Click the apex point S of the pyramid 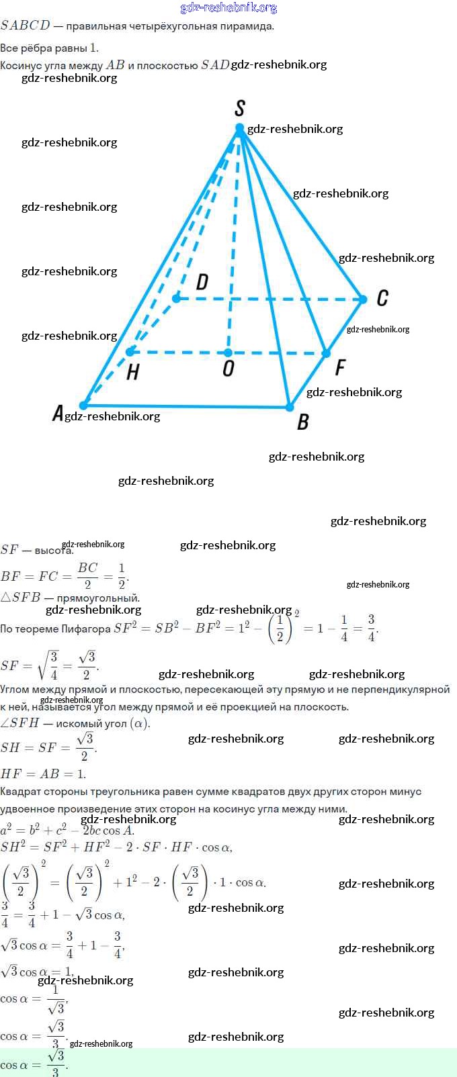[239, 128]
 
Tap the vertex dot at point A [83, 405]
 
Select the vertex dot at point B [290, 407]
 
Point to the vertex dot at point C [363, 299]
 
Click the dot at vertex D [176, 297]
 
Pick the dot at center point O [228, 353]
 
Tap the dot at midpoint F [326, 353]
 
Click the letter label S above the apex [239, 108]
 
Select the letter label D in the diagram [202, 282]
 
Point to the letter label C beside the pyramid [382, 298]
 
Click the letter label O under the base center [229, 369]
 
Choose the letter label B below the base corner [303, 422]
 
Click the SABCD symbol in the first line [26, 26]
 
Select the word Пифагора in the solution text [85, 629]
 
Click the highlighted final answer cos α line [34, 1064]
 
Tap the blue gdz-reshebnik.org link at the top [229, 7]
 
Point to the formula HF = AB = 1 [43, 774]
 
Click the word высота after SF [54, 550]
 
